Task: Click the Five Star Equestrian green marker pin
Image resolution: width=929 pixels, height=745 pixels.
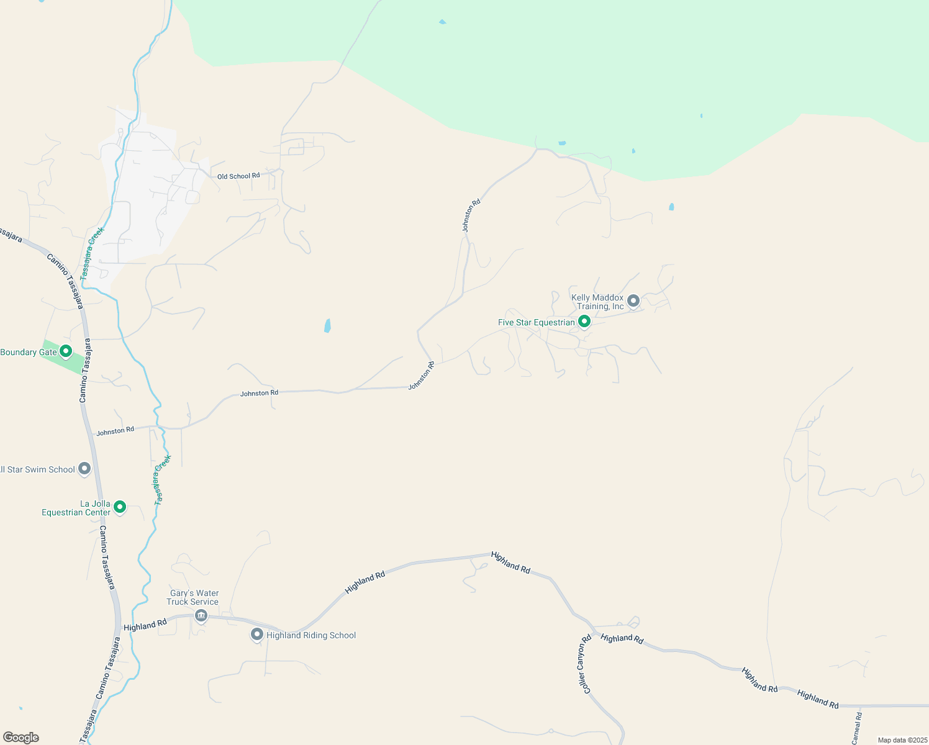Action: [x=584, y=322]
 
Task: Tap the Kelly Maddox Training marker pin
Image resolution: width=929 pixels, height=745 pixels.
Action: [x=633, y=301]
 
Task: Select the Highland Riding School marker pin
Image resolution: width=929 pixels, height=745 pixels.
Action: [x=257, y=634]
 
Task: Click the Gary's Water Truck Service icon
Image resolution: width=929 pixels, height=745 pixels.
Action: [x=201, y=616]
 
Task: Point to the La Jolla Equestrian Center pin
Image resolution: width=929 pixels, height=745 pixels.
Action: [x=120, y=507]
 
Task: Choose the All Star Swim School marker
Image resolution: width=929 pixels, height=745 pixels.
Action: [x=85, y=469]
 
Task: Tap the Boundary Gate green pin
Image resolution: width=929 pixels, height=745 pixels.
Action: [x=66, y=351]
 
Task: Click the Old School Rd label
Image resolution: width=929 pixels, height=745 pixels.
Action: [x=238, y=176]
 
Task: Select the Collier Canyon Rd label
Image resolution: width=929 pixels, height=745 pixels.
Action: [x=586, y=664]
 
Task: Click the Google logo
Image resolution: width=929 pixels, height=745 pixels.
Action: [x=20, y=738]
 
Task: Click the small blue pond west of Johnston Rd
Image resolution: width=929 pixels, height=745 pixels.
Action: [x=327, y=326]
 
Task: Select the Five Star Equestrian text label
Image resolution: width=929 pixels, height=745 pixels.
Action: [x=537, y=323]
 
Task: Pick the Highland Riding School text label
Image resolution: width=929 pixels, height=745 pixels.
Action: [x=311, y=635]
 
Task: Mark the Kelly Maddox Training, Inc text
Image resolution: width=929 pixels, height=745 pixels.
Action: [x=597, y=302]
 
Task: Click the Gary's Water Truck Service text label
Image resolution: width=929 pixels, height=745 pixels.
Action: [x=193, y=597]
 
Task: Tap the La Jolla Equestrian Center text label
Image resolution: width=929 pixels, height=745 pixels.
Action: [x=76, y=508]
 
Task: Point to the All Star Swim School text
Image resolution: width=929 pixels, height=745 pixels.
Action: [x=37, y=469]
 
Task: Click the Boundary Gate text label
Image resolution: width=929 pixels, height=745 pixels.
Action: [x=29, y=352]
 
